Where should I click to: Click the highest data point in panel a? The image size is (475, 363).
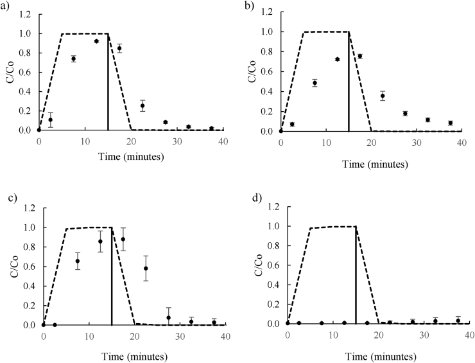coord(96,41)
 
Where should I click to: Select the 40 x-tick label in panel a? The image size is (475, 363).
coord(222,140)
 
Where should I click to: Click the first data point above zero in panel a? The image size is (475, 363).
coord(50,120)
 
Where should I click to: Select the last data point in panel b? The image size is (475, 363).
coord(451,123)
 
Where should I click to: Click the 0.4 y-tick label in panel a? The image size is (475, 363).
coord(26,91)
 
